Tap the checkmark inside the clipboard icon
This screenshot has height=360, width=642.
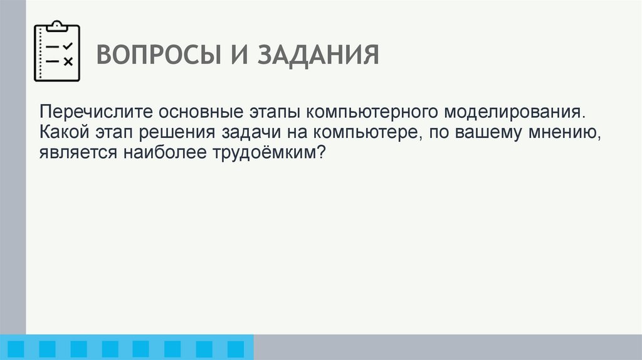68,46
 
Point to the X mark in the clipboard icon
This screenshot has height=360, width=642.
68,61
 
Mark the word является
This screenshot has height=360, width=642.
73,152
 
